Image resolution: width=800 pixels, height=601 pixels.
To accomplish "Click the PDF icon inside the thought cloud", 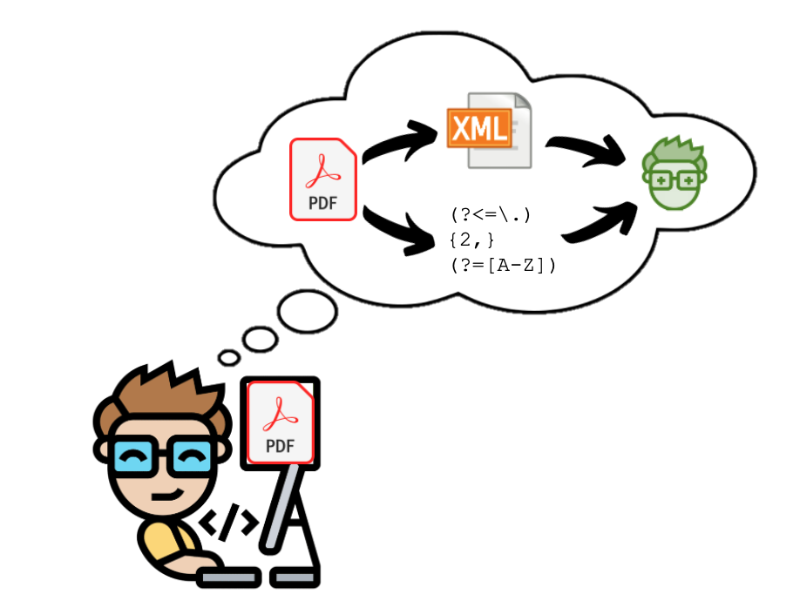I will click(322, 179).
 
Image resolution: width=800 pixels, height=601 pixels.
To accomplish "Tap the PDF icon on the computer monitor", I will click(280, 422).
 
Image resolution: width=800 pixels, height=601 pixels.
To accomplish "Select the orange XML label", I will click(477, 129).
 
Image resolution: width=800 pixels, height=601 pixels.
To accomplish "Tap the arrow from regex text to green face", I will click(597, 222).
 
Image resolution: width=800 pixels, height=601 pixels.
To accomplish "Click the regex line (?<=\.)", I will click(491, 214).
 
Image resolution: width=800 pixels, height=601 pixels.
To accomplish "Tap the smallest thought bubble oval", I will click(229, 357).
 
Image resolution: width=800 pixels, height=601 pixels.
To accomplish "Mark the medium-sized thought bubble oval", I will click(259, 338).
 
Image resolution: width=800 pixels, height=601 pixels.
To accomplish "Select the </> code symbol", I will click(228, 523).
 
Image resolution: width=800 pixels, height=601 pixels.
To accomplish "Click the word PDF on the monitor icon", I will click(280, 446).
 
